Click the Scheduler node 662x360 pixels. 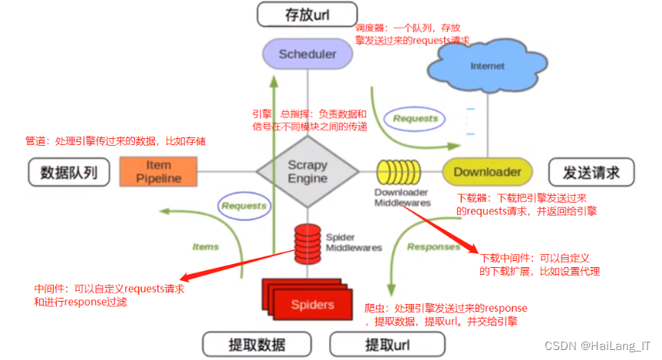pos(307,54)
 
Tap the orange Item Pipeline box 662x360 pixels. pos(159,172)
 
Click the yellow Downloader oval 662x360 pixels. pos(487,172)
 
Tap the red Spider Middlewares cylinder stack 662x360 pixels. pos(307,239)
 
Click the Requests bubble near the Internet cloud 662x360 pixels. pos(415,118)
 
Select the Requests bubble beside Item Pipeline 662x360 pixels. pos(244,206)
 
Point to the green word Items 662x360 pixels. pos(205,246)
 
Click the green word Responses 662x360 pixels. pos(433,246)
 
